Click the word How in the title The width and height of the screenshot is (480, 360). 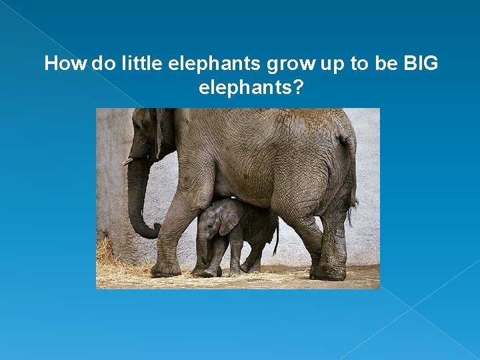pos(65,64)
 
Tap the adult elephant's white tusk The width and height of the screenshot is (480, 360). pos(127,161)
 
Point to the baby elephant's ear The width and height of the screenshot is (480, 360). pos(229,217)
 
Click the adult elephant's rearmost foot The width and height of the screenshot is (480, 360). pos(328,271)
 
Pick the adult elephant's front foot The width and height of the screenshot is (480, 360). pos(165,269)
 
